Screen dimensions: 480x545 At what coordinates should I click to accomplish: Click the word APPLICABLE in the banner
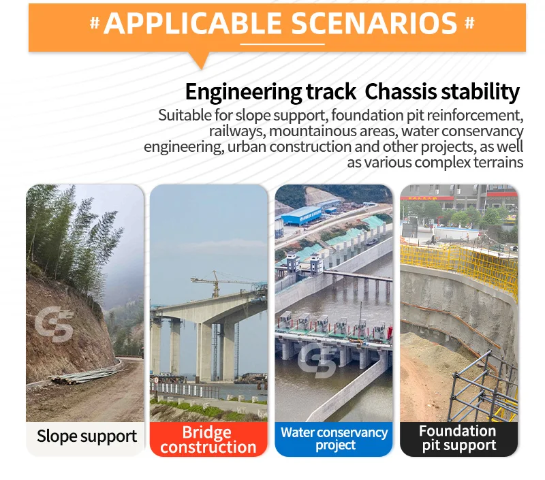pos(194,23)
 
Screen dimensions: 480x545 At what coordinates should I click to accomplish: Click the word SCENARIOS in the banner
pos(374,23)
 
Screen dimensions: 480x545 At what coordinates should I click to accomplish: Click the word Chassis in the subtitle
pos(395,91)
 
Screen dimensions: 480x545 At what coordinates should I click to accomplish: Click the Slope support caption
pos(87,436)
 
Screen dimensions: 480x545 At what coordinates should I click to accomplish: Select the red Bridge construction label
pos(208,440)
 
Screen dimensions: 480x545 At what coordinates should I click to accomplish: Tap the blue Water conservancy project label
pos(334,438)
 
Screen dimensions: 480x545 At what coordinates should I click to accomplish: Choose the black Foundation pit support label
pos(458,438)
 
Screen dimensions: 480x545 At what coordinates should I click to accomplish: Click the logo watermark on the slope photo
pos(54,324)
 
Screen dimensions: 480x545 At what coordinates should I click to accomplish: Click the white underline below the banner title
pos(282,44)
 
